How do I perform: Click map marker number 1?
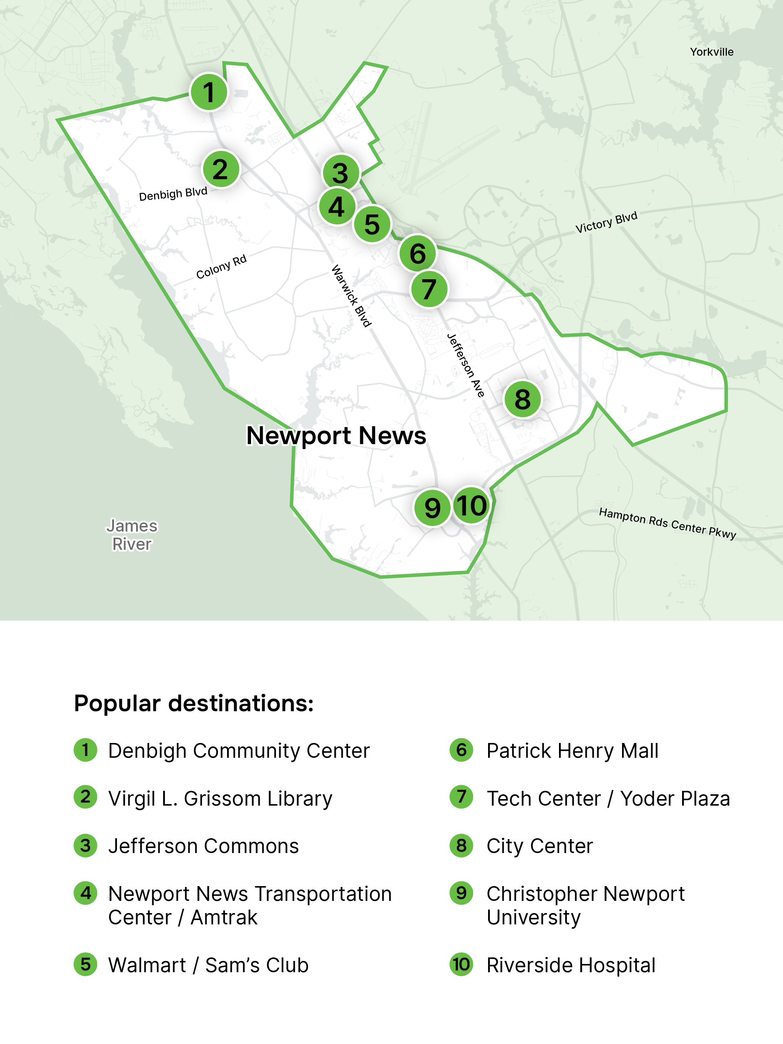coord(209,92)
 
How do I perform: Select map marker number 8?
coord(522,399)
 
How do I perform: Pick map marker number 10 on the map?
coord(471,505)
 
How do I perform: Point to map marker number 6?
coord(417,254)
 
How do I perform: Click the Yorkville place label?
coord(711,52)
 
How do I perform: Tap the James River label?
coord(132,535)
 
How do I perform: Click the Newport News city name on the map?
coord(336,435)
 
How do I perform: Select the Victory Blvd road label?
coord(606,222)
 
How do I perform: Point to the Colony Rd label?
coord(221,267)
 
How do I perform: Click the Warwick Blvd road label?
coord(351,296)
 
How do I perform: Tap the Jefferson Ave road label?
coord(465,365)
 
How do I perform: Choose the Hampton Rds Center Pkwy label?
coord(667,523)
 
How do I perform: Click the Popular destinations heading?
coord(194,703)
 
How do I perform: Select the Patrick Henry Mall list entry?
coord(572,751)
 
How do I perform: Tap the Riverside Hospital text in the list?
coord(571,965)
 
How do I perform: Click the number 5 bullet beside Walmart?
coord(85,964)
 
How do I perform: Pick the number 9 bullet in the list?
coord(461,893)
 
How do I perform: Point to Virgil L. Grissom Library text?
coord(220,799)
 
